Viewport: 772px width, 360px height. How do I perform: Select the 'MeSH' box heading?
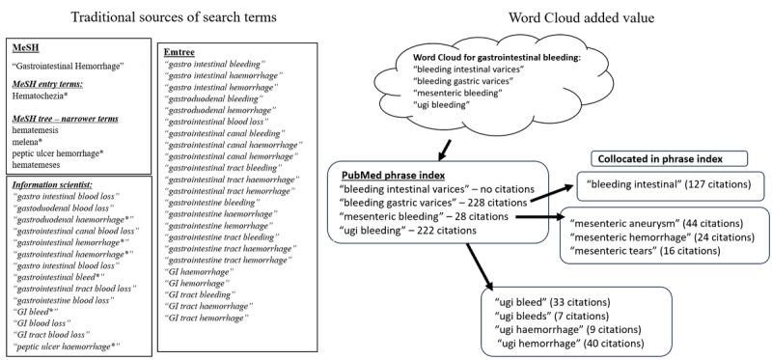(x=25, y=46)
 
